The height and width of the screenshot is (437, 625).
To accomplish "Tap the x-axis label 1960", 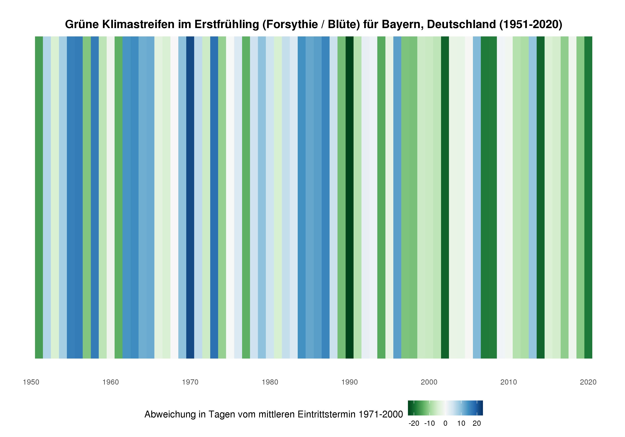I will click(x=110, y=382).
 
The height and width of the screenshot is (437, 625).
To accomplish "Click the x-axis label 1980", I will click(x=270, y=382).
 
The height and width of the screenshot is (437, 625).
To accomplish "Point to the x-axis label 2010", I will click(x=509, y=382).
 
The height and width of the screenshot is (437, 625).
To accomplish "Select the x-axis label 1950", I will click(x=31, y=382).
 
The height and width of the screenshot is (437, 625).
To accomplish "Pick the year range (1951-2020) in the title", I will click(x=531, y=25).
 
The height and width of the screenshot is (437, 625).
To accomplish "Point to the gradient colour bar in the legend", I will click(x=445, y=408).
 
